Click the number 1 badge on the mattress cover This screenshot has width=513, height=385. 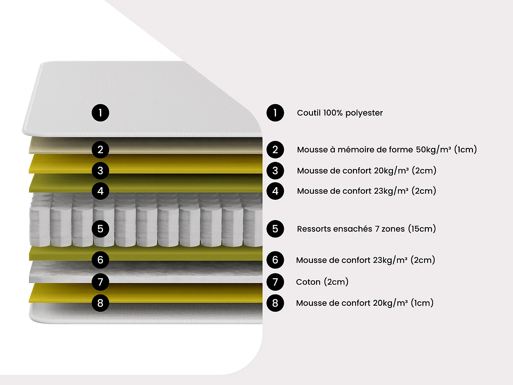[100, 113]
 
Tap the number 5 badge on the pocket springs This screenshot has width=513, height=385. [100, 229]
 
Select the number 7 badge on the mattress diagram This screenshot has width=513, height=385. [100, 282]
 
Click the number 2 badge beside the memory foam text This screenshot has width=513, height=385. [275, 150]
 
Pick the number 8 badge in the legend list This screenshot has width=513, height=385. [275, 303]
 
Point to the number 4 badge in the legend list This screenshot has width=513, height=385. [275, 191]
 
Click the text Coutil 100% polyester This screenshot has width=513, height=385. [340, 113]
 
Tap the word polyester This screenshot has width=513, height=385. [364, 113]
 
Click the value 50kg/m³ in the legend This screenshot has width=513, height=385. [433, 150]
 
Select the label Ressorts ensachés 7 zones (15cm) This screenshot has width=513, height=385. [366, 229]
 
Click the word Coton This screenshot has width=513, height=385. [308, 282]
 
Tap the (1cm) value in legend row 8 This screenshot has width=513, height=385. [422, 303]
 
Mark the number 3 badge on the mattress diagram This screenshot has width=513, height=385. [100, 170]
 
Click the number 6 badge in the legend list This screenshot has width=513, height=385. [275, 260]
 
